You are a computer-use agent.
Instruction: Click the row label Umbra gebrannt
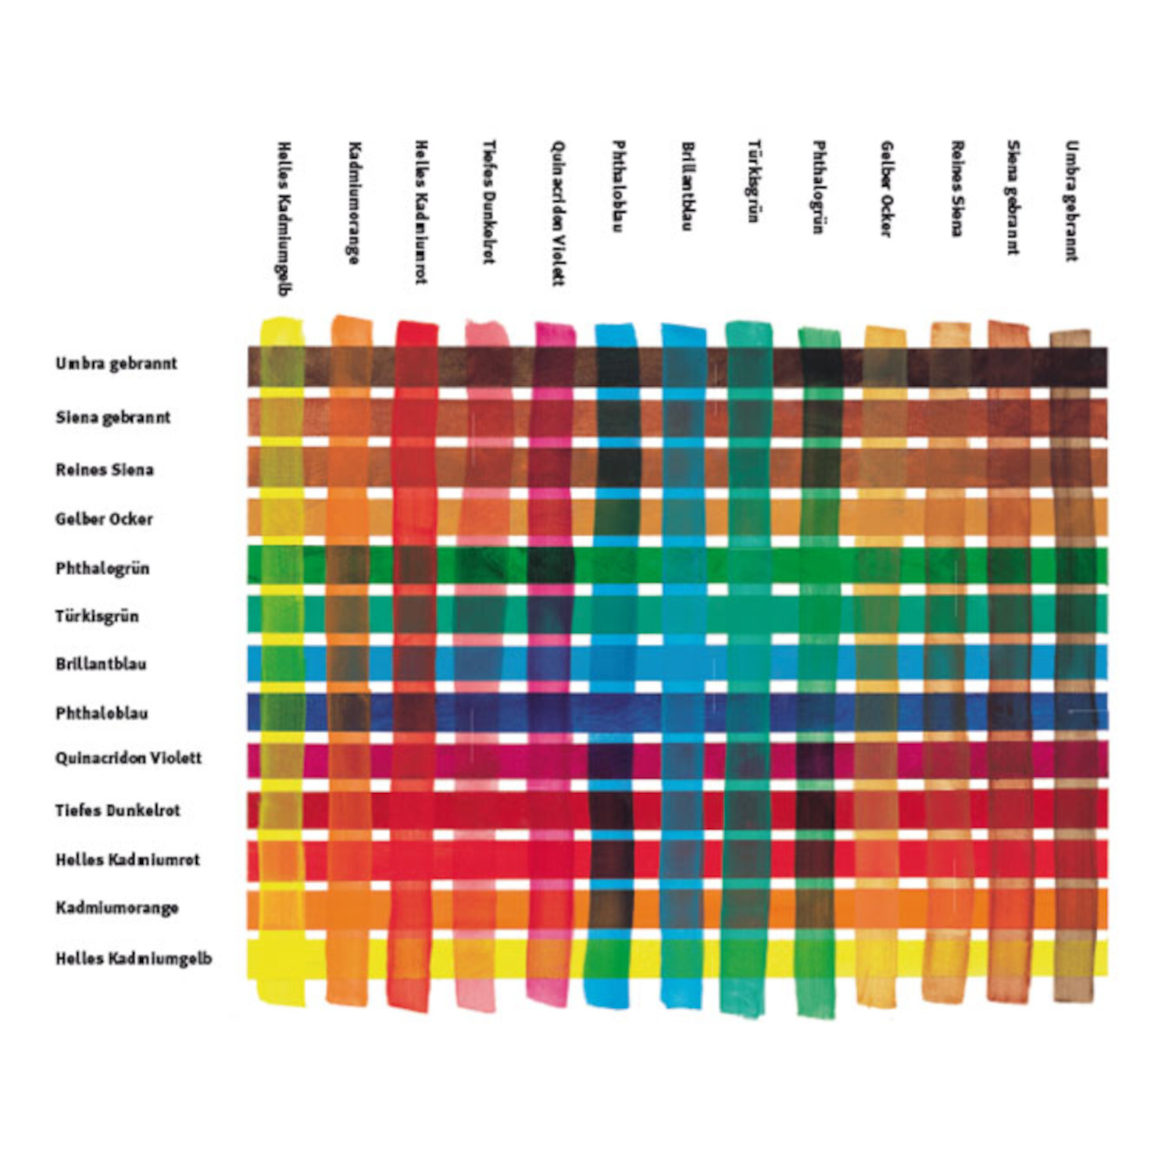116,363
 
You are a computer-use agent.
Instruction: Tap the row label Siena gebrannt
113,417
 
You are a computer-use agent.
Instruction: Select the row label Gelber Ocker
104,519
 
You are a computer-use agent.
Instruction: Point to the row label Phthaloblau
102,713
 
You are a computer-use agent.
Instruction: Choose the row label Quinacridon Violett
128,758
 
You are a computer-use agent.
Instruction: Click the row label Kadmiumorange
116,908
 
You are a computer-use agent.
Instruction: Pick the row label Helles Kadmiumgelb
133,959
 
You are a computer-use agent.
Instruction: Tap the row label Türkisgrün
97,616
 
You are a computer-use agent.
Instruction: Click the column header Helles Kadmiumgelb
284,218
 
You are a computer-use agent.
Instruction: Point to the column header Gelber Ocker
886,188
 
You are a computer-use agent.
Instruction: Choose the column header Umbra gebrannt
1071,201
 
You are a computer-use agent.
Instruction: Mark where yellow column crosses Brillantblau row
281,663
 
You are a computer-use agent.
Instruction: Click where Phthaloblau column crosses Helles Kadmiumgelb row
606,959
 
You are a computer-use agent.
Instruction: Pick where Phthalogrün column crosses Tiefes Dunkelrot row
818,809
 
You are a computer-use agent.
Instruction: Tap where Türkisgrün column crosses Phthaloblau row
749,712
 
